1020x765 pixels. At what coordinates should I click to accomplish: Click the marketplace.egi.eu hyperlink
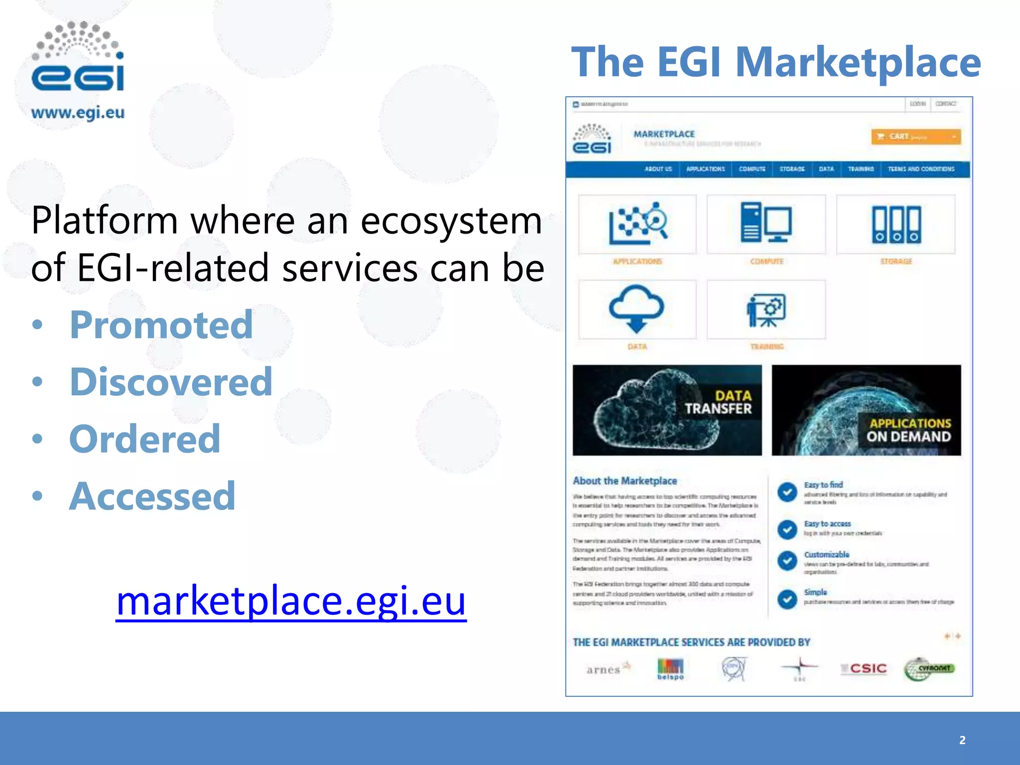coord(291,601)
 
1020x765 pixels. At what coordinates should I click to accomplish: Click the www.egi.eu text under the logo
coord(78,113)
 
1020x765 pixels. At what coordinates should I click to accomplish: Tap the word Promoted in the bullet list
coord(161,325)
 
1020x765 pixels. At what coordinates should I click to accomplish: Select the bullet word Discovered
coord(171,382)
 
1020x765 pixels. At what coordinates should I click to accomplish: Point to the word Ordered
coord(144,439)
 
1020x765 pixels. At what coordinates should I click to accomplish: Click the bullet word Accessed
coord(152,496)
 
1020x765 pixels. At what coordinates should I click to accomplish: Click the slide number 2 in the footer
coord(962,740)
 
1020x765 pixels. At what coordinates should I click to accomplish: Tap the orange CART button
coord(915,136)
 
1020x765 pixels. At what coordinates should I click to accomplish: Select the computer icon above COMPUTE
coord(766,223)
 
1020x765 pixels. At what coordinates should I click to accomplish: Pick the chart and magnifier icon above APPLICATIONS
coord(637,223)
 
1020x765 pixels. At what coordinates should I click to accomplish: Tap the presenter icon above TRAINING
coord(766,310)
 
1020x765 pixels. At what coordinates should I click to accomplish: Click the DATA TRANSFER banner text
coord(718,402)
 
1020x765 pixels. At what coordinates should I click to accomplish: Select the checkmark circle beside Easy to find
coord(787,492)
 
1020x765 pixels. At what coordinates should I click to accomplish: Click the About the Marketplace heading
coord(625,481)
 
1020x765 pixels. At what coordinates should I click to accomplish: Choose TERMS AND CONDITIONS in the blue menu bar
coord(921,169)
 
